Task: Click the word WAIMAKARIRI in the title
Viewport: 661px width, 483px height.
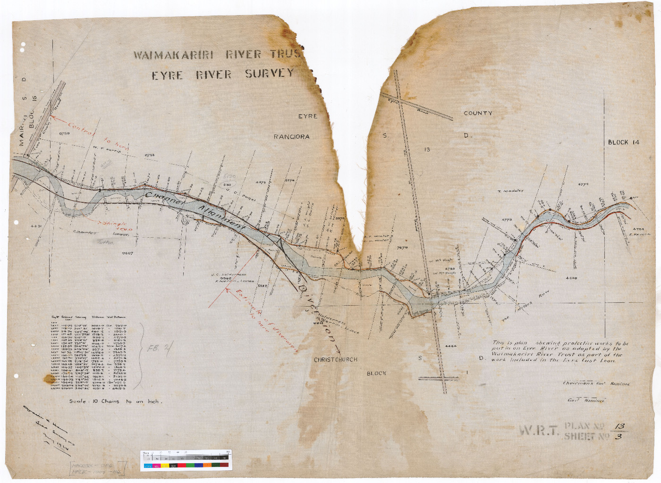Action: (173, 55)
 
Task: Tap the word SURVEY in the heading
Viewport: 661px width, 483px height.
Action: (269, 74)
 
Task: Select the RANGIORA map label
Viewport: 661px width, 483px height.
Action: (291, 137)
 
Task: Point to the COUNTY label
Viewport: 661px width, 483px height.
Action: (478, 113)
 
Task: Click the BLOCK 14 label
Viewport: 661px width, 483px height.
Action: (623, 142)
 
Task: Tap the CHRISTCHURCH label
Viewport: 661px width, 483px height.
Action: (336, 359)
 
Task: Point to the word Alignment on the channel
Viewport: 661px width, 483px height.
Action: (222, 217)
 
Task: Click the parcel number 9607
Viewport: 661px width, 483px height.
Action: (127, 253)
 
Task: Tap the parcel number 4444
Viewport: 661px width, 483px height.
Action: (451, 346)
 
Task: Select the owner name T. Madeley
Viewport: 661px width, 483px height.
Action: (510, 191)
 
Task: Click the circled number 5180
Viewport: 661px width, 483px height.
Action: (228, 185)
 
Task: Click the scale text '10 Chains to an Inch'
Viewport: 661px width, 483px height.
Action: (116, 401)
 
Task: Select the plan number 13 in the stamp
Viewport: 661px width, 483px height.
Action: (619, 426)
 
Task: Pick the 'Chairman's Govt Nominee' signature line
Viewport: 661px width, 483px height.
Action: (596, 383)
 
